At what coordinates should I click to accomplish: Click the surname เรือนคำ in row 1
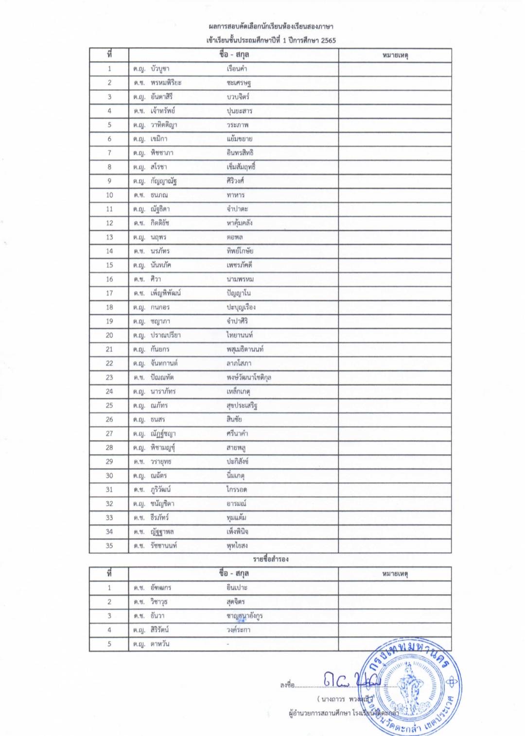pos(237,68)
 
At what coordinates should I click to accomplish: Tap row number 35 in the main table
pos(109,546)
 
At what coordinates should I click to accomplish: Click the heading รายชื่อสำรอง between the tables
pos(271,559)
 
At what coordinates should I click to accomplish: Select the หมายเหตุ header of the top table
pos(395,55)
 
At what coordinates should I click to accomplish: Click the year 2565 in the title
pos(328,40)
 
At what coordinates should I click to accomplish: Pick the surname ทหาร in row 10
pos(236,195)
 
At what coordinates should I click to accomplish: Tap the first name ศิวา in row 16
pos(156,279)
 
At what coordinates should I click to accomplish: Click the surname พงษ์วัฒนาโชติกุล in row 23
pos(249,377)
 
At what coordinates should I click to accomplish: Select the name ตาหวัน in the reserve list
pos(160,644)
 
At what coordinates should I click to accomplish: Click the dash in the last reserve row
pos(228,644)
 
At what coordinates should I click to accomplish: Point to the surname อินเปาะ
pos(237,587)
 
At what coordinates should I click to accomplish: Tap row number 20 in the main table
pos(109,335)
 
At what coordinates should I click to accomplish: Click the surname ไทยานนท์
pos(240,335)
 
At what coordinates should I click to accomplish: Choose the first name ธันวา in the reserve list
pos(157,616)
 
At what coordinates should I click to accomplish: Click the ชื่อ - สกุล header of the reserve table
pos(234,574)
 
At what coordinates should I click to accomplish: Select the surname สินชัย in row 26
pos(234,419)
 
